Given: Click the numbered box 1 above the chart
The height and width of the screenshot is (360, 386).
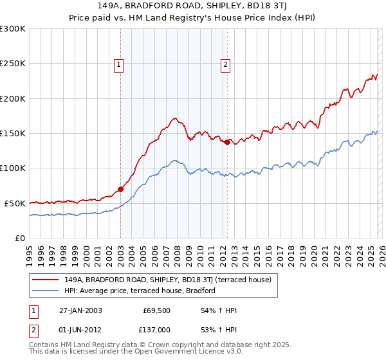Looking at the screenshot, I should coord(120,64).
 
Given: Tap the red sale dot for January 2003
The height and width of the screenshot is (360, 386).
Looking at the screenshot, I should coord(120,190).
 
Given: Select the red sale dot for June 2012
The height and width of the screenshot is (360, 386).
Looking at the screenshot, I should coord(227,143).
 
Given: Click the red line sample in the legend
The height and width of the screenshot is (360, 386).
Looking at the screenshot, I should coord(46,280).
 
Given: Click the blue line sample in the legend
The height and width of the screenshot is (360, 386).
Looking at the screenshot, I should coord(46,291).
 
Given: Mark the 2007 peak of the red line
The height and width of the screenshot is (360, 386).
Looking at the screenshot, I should coord(174,118).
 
